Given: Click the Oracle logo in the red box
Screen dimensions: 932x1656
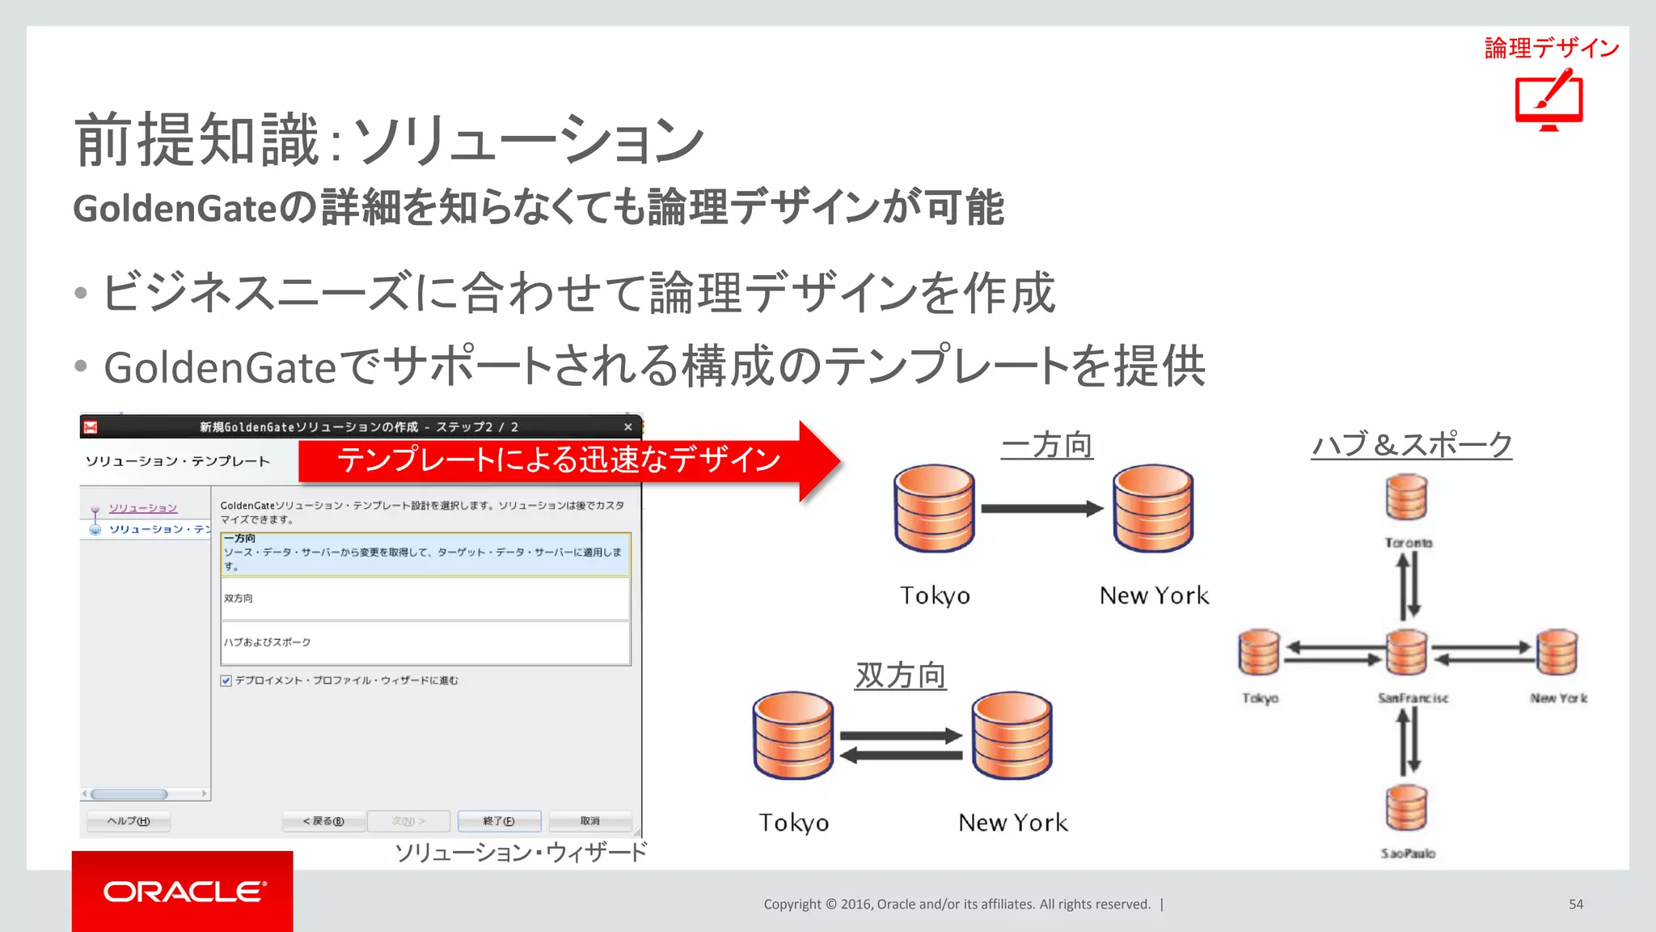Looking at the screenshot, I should tap(184, 892).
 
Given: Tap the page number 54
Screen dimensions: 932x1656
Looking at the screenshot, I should tap(1575, 904).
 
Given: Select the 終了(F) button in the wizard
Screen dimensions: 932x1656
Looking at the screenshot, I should tap(499, 821).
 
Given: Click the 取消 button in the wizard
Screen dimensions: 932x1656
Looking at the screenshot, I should tap(589, 821).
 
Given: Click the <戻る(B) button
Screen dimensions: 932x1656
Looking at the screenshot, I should tap(323, 821).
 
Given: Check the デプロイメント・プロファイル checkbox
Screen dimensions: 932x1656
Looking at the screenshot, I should tap(226, 680).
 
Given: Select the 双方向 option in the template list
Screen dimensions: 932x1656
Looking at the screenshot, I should tap(425, 599).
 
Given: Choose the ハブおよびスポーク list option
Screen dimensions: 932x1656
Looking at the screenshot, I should tap(425, 642).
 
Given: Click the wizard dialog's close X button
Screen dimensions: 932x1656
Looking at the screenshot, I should tap(627, 426).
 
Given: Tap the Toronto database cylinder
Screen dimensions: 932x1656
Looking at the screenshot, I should tap(1406, 498).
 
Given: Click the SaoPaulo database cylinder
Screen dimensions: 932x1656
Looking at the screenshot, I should tap(1406, 808).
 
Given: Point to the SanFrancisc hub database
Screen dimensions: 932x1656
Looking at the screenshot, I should tap(1406, 653).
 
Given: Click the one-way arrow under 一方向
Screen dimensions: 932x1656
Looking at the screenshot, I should tap(1041, 509).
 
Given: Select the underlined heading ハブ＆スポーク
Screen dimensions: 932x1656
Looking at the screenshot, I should tap(1411, 445).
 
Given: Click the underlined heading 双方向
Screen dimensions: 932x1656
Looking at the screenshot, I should tap(900, 675).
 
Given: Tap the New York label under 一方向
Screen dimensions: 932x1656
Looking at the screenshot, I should tap(1153, 595).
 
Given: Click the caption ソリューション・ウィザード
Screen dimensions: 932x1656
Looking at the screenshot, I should tap(521, 852).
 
